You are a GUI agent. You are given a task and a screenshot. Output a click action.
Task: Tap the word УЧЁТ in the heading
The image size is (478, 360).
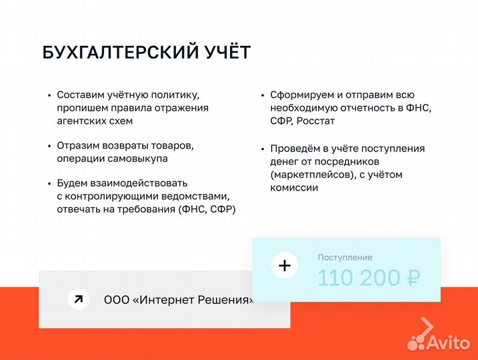click(x=228, y=53)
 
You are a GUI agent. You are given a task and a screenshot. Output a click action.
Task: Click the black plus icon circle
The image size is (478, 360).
click(x=285, y=266)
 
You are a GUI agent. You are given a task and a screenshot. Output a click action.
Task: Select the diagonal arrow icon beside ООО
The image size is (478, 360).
click(x=79, y=299)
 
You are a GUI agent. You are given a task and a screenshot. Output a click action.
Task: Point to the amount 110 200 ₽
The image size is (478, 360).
click(x=368, y=278)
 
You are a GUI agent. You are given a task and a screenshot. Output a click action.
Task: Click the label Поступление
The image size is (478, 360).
click(x=345, y=257)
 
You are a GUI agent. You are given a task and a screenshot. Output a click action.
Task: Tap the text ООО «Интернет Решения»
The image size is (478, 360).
click(x=179, y=300)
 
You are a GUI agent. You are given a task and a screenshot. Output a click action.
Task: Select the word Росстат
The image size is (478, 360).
click(x=316, y=121)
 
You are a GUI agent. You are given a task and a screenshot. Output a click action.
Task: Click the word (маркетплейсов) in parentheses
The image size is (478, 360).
click(x=311, y=175)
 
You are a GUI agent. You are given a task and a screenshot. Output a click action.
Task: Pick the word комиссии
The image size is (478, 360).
click(x=294, y=188)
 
